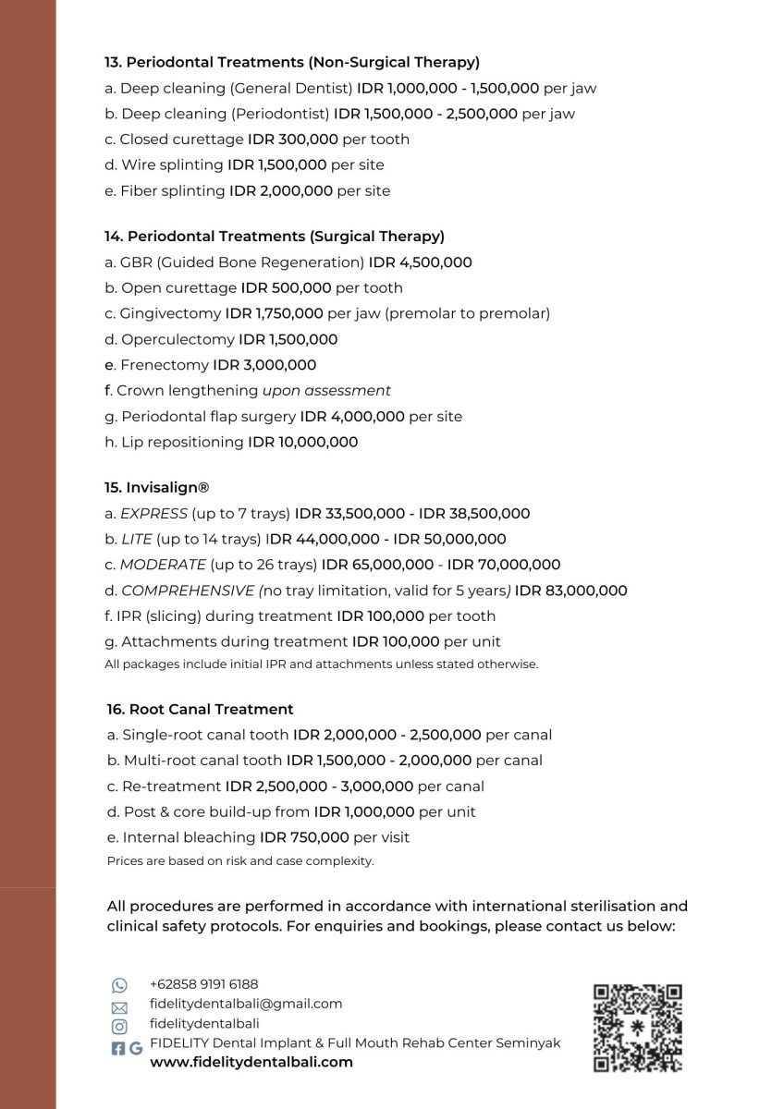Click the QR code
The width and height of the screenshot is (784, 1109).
tap(637, 1027)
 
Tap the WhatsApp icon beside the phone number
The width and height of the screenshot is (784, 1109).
tap(119, 985)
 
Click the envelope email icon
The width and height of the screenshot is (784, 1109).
tap(119, 1006)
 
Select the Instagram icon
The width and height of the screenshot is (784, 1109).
tap(119, 1026)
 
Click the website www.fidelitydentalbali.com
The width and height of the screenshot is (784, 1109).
tap(251, 1062)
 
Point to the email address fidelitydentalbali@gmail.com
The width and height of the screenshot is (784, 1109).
tap(246, 1004)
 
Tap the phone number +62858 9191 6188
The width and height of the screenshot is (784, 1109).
tap(203, 984)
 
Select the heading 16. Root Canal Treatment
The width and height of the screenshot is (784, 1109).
tap(200, 709)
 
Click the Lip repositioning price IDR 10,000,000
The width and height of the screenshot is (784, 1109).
tap(302, 442)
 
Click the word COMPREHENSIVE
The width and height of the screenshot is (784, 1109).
tap(188, 591)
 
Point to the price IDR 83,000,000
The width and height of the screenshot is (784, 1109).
tap(571, 591)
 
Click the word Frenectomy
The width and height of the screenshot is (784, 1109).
tap(165, 365)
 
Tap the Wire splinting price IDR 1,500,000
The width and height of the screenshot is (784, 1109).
tap(277, 165)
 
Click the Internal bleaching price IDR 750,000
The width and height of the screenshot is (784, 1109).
tap(304, 837)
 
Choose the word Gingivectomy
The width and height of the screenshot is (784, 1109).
tap(170, 313)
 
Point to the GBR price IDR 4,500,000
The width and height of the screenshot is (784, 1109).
tap(420, 262)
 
